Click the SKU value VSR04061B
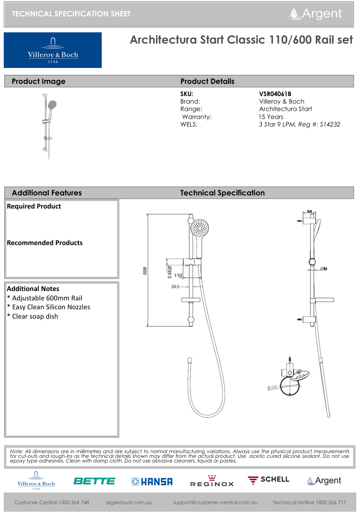click(275, 94)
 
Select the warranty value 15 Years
click(271, 117)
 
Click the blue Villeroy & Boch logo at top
click(52, 50)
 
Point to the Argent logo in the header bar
click(315, 14)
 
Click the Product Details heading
click(207, 81)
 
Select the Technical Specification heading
click(222, 193)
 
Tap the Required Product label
click(34, 206)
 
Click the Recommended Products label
click(45, 243)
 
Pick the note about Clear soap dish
click(32, 316)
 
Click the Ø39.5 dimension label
click(169, 271)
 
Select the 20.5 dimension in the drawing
click(175, 286)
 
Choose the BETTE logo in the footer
click(94, 481)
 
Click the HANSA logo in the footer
click(152, 481)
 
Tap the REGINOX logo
click(211, 481)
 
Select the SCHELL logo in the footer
click(269, 480)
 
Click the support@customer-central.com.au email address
click(215, 502)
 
